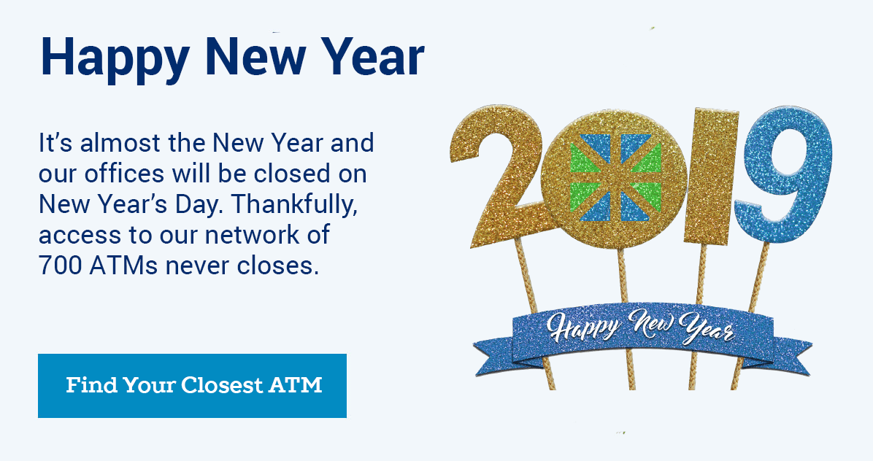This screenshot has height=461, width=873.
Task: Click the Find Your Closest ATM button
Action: click(192, 385)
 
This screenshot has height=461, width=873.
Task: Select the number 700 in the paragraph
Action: click(60, 266)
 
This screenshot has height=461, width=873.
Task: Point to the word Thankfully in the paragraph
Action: click(293, 205)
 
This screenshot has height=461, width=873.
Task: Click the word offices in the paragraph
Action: click(125, 174)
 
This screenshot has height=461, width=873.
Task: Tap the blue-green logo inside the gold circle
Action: click(616, 177)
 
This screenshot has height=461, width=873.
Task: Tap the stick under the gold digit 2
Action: click(534, 314)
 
